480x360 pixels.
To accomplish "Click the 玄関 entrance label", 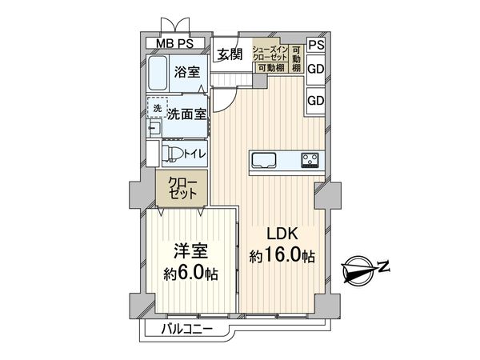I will [x=229, y=54].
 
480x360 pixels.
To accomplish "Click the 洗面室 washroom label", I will [x=186, y=114].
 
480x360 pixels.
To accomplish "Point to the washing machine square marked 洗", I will [x=157, y=108].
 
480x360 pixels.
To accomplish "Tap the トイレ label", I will [x=194, y=154].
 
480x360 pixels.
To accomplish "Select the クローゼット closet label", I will [x=179, y=189].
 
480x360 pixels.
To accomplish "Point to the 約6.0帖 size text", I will [x=192, y=274].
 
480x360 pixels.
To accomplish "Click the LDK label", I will [x=282, y=235].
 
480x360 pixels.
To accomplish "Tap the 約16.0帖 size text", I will [x=282, y=257].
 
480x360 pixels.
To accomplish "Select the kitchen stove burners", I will [x=310, y=159].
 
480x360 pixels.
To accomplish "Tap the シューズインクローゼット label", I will [x=270, y=54].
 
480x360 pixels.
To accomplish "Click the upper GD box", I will [x=316, y=69].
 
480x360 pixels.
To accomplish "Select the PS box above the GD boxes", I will [x=316, y=45].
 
